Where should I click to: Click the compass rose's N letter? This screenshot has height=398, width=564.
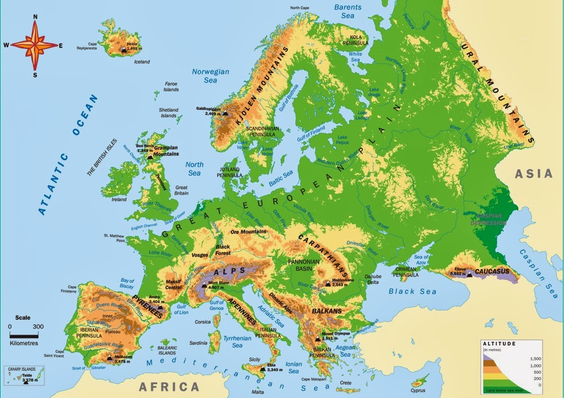click(35, 17)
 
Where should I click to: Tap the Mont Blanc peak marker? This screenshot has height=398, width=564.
click(204, 285)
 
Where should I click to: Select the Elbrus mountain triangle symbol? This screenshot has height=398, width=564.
click(469, 273)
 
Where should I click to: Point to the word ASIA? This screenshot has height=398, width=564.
click(533, 174)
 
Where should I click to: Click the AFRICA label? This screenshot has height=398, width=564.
click(169, 386)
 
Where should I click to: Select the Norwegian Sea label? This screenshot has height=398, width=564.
click(211, 75)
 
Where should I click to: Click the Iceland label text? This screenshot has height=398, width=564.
click(142, 62)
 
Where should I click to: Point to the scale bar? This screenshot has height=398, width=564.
click(27, 335)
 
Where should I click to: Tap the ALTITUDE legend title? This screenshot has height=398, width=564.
click(499, 344)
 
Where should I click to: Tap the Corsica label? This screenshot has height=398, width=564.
click(203, 322)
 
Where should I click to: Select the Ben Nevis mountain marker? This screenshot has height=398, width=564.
click(150, 157)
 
